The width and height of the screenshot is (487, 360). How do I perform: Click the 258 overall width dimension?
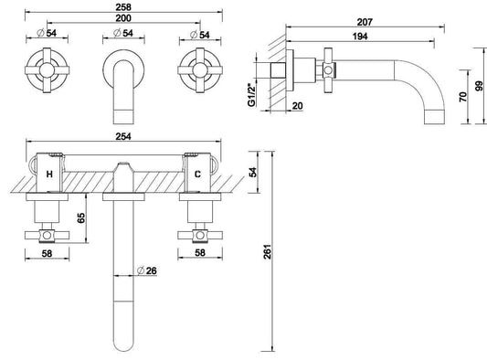point(122,7)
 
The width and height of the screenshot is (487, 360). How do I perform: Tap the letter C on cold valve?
point(196,172)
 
